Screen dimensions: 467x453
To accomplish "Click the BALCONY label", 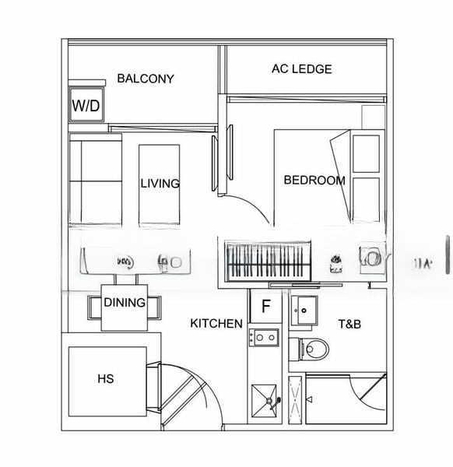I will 146,79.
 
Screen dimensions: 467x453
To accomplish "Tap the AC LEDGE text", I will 301,69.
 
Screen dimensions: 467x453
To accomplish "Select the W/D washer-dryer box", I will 86,106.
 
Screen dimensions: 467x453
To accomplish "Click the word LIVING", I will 160,184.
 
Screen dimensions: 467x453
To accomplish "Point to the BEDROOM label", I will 314,181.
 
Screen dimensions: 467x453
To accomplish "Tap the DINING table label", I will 125,303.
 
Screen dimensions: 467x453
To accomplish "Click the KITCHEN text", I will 216,323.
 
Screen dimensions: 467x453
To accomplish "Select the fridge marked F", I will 265,307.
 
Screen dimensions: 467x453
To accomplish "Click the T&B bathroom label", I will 349,323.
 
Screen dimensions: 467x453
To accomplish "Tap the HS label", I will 106,379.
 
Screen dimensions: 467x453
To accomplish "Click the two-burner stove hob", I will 264,337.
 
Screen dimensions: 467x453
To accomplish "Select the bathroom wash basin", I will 304,311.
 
